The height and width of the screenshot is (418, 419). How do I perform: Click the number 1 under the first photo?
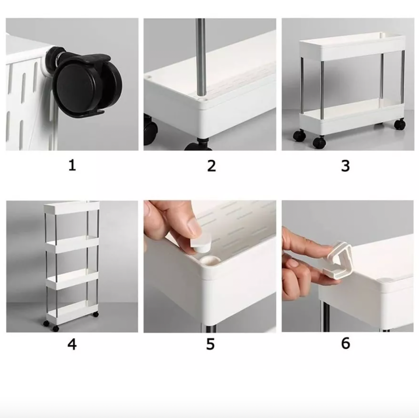coord(72,165)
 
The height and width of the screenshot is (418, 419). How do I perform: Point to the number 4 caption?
coord(72,344)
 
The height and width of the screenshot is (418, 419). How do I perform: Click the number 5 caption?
coord(210,344)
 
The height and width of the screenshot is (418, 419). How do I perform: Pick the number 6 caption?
coord(345,343)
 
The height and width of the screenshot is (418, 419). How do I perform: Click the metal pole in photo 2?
coord(201,58)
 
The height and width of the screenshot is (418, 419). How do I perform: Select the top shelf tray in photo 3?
coord(351,46)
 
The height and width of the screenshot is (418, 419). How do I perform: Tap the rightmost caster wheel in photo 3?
coord(400,124)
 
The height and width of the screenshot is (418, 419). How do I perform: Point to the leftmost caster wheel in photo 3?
coord(299,135)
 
